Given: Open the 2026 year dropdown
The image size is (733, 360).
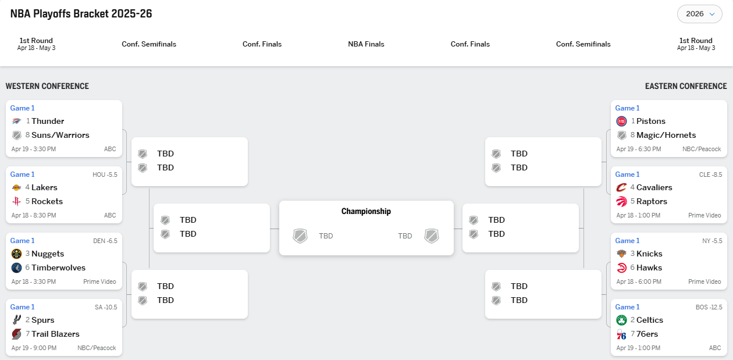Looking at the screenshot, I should pyautogui.click(x=699, y=14).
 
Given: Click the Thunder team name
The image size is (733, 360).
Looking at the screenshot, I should pyautogui.click(x=48, y=121).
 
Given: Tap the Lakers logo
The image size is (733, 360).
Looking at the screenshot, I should pyautogui.click(x=17, y=187).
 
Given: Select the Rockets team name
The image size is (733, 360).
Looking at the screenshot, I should pyautogui.click(x=47, y=201).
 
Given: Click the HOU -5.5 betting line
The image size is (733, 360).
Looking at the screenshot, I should pyautogui.click(x=104, y=174).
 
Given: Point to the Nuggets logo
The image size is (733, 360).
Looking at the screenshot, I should pyautogui.click(x=17, y=254).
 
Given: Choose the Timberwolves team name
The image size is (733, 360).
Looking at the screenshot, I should pyautogui.click(x=58, y=268).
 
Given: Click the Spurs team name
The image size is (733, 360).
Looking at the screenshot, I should pyautogui.click(x=43, y=320).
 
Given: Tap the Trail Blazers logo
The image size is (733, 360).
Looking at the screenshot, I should pyautogui.click(x=17, y=334).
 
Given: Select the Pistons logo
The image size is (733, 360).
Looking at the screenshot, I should pyautogui.click(x=622, y=121).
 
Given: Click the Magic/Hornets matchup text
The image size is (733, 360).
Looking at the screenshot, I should pyautogui.click(x=666, y=135).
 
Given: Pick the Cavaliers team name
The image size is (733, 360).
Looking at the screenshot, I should pyautogui.click(x=654, y=187).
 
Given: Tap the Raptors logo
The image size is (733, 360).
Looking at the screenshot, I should pyautogui.click(x=622, y=201).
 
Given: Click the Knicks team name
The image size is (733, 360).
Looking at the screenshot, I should pyautogui.click(x=649, y=254).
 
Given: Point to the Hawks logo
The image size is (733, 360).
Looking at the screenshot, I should pyautogui.click(x=622, y=268).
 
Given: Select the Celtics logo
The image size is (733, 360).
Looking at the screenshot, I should pyautogui.click(x=622, y=320).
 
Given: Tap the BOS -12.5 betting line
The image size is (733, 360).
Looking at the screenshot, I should pyautogui.click(x=709, y=307).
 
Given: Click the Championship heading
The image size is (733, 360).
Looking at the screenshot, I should pyautogui.click(x=366, y=212).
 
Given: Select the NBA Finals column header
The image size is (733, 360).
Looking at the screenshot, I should pyautogui.click(x=366, y=44).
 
